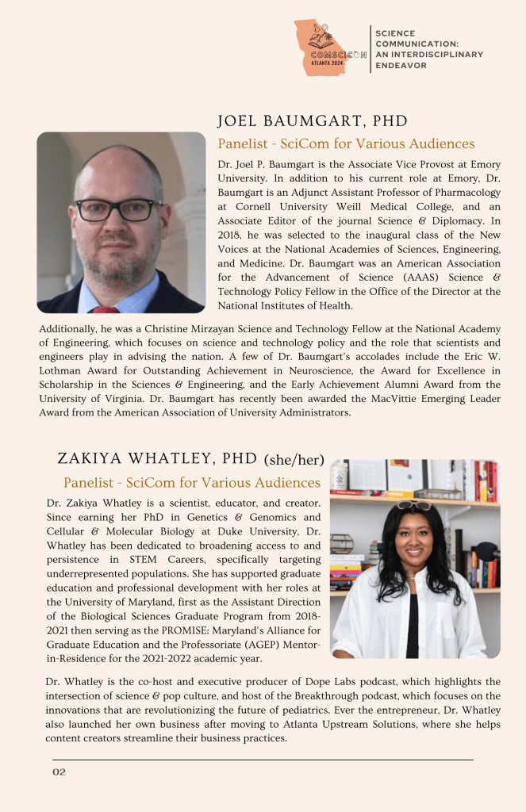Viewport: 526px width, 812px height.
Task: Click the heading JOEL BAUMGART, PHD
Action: (x=312, y=121)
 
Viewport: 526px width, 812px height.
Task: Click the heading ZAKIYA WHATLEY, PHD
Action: (x=157, y=458)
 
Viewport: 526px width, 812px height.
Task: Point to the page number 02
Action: (x=60, y=772)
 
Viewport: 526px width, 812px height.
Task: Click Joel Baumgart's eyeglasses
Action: (x=119, y=209)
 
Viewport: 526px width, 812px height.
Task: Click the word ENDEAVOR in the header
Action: (x=401, y=66)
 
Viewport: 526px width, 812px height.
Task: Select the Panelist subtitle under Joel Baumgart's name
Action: (x=346, y=144)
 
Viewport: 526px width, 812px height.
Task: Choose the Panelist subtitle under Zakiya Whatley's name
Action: (x=192, y=482)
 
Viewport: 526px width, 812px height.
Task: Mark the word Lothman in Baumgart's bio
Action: (x=64, y=370)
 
